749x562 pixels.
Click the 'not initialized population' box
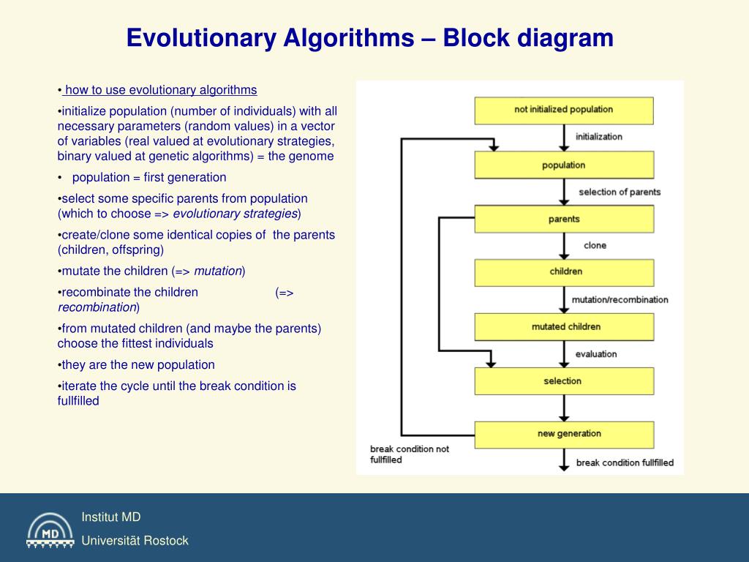click(x=564, y=110)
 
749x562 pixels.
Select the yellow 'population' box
click(x=564, y=165)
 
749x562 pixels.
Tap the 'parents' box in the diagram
click(x=564, y=219)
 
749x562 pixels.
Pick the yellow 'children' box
click(x=564, y=272)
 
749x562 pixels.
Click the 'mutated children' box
click(x=564, y=327)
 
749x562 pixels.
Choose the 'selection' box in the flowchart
click(x=564, y=381)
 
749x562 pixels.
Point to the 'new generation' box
click(x=564, y=434)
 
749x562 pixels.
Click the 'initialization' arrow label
click(x=599, y=137)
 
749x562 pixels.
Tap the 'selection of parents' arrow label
click(x=620, y=192)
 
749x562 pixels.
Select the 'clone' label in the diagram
click(x=595, y=246)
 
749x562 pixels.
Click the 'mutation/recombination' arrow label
click(x=620, y=300)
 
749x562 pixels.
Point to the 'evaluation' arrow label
click(x=596, y=354)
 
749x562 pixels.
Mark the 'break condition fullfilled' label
click(x=625, y=463)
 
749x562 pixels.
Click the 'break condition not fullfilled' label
click(x=409, y=454)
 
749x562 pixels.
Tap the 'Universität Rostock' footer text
click(x=135, y=541)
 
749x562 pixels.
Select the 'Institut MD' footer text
click(x=110, y=517)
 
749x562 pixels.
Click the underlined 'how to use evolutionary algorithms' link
click(x=160, y=90)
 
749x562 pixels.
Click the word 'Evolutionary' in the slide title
click(x=197, y=38)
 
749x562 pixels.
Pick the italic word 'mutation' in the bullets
click(x=218, y=271)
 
